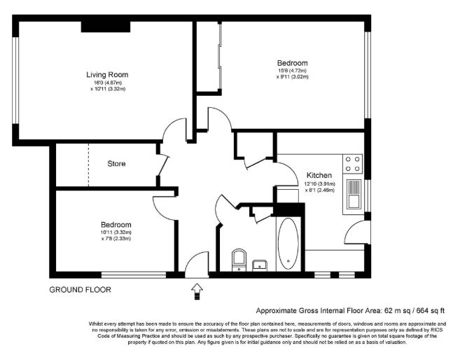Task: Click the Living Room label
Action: (x=107, y=74)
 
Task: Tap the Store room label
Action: (x=116, y=163)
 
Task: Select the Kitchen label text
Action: (x=319, y=175)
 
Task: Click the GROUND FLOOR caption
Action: (x=80, y=289)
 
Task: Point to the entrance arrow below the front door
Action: (x=197, y=291)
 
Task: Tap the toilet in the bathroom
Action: (x=239, y=259)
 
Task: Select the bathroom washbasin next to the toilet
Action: (x=260, y=265)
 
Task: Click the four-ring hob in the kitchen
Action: (x=352, y=164)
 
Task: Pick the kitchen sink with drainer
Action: (x=354, y=194)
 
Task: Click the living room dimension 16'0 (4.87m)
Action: (x=107, y=83)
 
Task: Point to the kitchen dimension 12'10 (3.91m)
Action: (x=319, y=184)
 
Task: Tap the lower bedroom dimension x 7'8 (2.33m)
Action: (x=116, y=239)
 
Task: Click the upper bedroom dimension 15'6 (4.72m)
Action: (x=292, y=71)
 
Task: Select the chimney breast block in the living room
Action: (x=106, y=27)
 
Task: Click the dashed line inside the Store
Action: (x=88, y=165)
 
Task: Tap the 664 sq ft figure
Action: (x=431, y=311)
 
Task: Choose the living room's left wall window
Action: (x=15, y=81)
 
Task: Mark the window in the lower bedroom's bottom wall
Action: (x=134, y=275)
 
